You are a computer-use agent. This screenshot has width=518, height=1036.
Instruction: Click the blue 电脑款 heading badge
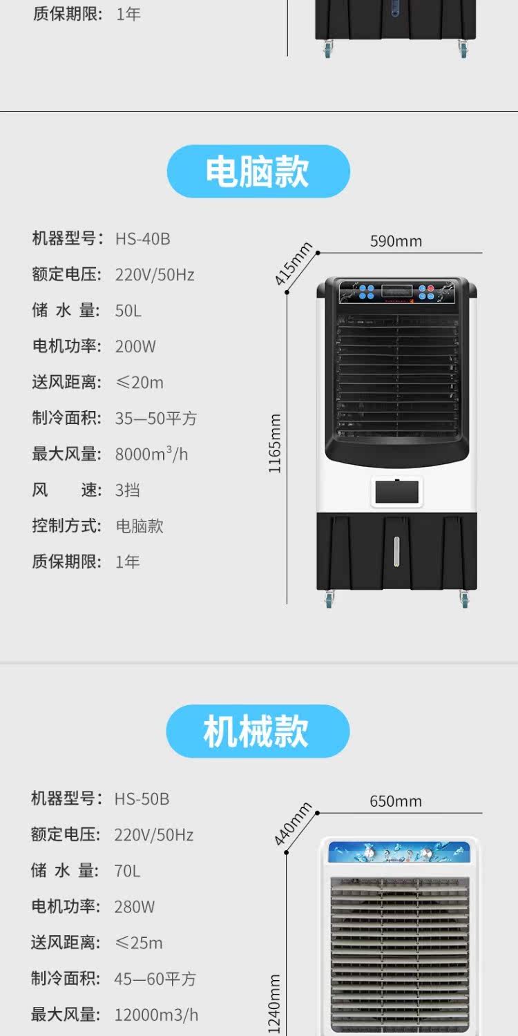pos(258,171)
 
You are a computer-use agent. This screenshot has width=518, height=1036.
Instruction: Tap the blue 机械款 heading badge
pos(258,731)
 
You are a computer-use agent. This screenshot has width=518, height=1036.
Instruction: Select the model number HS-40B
pos(142,239)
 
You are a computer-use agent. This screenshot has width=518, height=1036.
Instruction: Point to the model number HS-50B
pos(142,799)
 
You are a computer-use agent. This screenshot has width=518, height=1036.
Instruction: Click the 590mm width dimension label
pos(396,241)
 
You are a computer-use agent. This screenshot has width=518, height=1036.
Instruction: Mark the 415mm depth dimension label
pos(294,263)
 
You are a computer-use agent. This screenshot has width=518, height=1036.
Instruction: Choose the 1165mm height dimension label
pos(276,443)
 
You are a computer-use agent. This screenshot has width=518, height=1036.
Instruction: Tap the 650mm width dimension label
pos(396,801)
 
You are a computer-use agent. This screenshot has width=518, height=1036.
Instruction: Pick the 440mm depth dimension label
pos(293,824)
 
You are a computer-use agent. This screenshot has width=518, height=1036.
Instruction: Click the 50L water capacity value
pos(128,311)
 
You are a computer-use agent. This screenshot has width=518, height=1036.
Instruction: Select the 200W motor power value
pos(135,347)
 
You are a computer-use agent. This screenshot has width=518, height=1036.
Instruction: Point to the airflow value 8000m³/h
pos(151,454)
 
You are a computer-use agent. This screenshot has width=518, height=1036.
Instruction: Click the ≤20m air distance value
pos(139,383)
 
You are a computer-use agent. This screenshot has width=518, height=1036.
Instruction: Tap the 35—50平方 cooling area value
pos(155,419)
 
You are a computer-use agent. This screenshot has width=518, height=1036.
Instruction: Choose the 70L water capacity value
pos(127,871)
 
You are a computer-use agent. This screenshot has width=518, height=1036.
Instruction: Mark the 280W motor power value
pos(135,907)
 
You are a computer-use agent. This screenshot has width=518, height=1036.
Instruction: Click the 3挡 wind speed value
pos(127,490)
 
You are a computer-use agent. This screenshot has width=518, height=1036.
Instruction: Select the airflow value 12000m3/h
pos(156,1015)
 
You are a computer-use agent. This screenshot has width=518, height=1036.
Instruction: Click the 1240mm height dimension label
pos(275,1005)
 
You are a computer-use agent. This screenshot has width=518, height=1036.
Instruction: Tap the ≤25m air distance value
pos(138,943)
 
